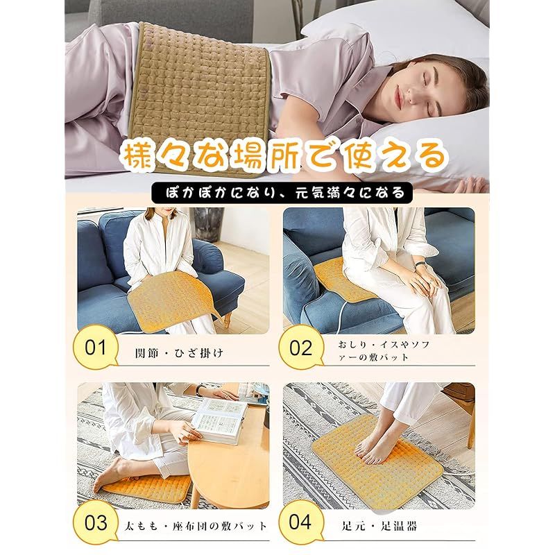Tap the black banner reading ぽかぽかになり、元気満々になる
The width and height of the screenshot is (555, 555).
pyautogui.click(x=277, y=191)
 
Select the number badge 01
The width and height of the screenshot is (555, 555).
pyautogui.click(x=96, y=347)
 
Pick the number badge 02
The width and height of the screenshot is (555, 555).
pyautogui.click(x=301, y=347)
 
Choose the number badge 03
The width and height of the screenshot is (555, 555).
pyautogui.click(x=96, y=522)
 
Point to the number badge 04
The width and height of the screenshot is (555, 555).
pyautogui.click(x=301, y=522)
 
